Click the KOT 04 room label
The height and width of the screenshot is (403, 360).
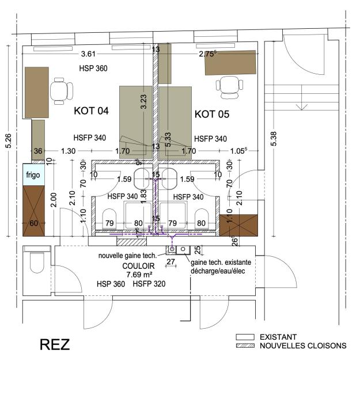pos(92,111)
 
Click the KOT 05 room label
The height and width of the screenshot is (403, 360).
pos(212,114)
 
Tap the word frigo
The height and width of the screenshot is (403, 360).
pos(32,174)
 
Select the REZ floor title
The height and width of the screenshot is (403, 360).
pos(55,345)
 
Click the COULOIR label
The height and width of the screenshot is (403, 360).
pos(139,266)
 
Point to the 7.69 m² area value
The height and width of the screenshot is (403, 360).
pos(139,275)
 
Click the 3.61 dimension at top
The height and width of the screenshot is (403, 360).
pos(88,54)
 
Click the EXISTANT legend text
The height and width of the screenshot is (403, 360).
pos(279,337)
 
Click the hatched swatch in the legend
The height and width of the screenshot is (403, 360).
pos(245,346)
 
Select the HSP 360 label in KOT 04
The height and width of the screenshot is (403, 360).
pos(93,68)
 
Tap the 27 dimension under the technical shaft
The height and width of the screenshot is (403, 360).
pos(170,262)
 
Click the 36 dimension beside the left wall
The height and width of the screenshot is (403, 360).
pos(39,151)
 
